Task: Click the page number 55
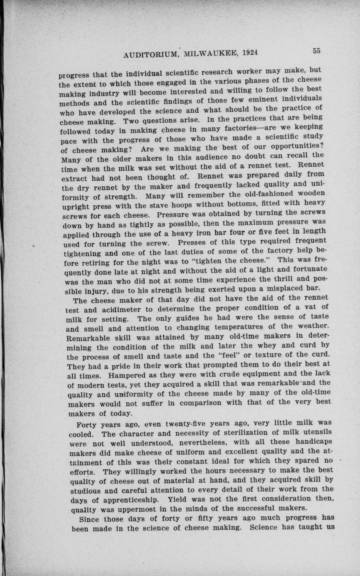316,51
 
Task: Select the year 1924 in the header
250,53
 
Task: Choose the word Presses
193,242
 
